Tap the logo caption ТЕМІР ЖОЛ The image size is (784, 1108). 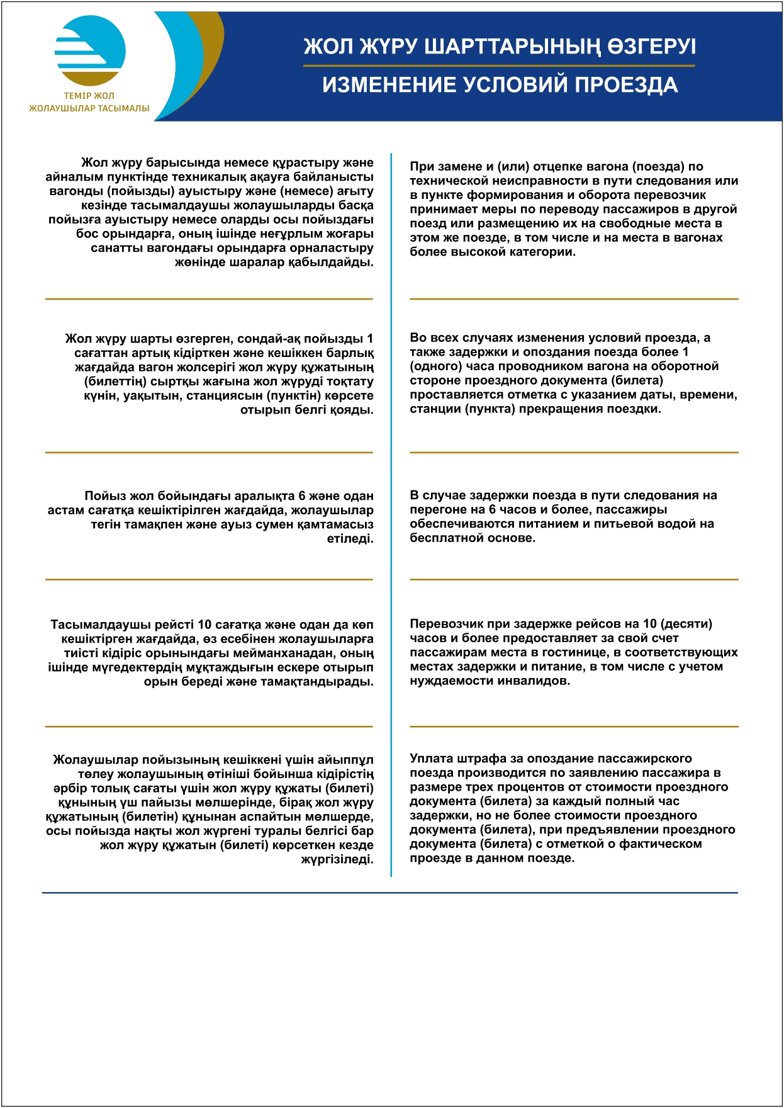pyautogui.click(x=89, y=96)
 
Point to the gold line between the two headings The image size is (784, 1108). pyautogui.click(x=499, y=65)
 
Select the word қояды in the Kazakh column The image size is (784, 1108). pyautogui.click(x=354, y=410)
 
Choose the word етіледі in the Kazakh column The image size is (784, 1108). pyautogui.click(x=350, y=539)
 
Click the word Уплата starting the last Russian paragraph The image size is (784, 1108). pyautogui.click(x=431, y=759)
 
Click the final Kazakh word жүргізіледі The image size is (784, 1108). pyautogui.click(x=337, y=859)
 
